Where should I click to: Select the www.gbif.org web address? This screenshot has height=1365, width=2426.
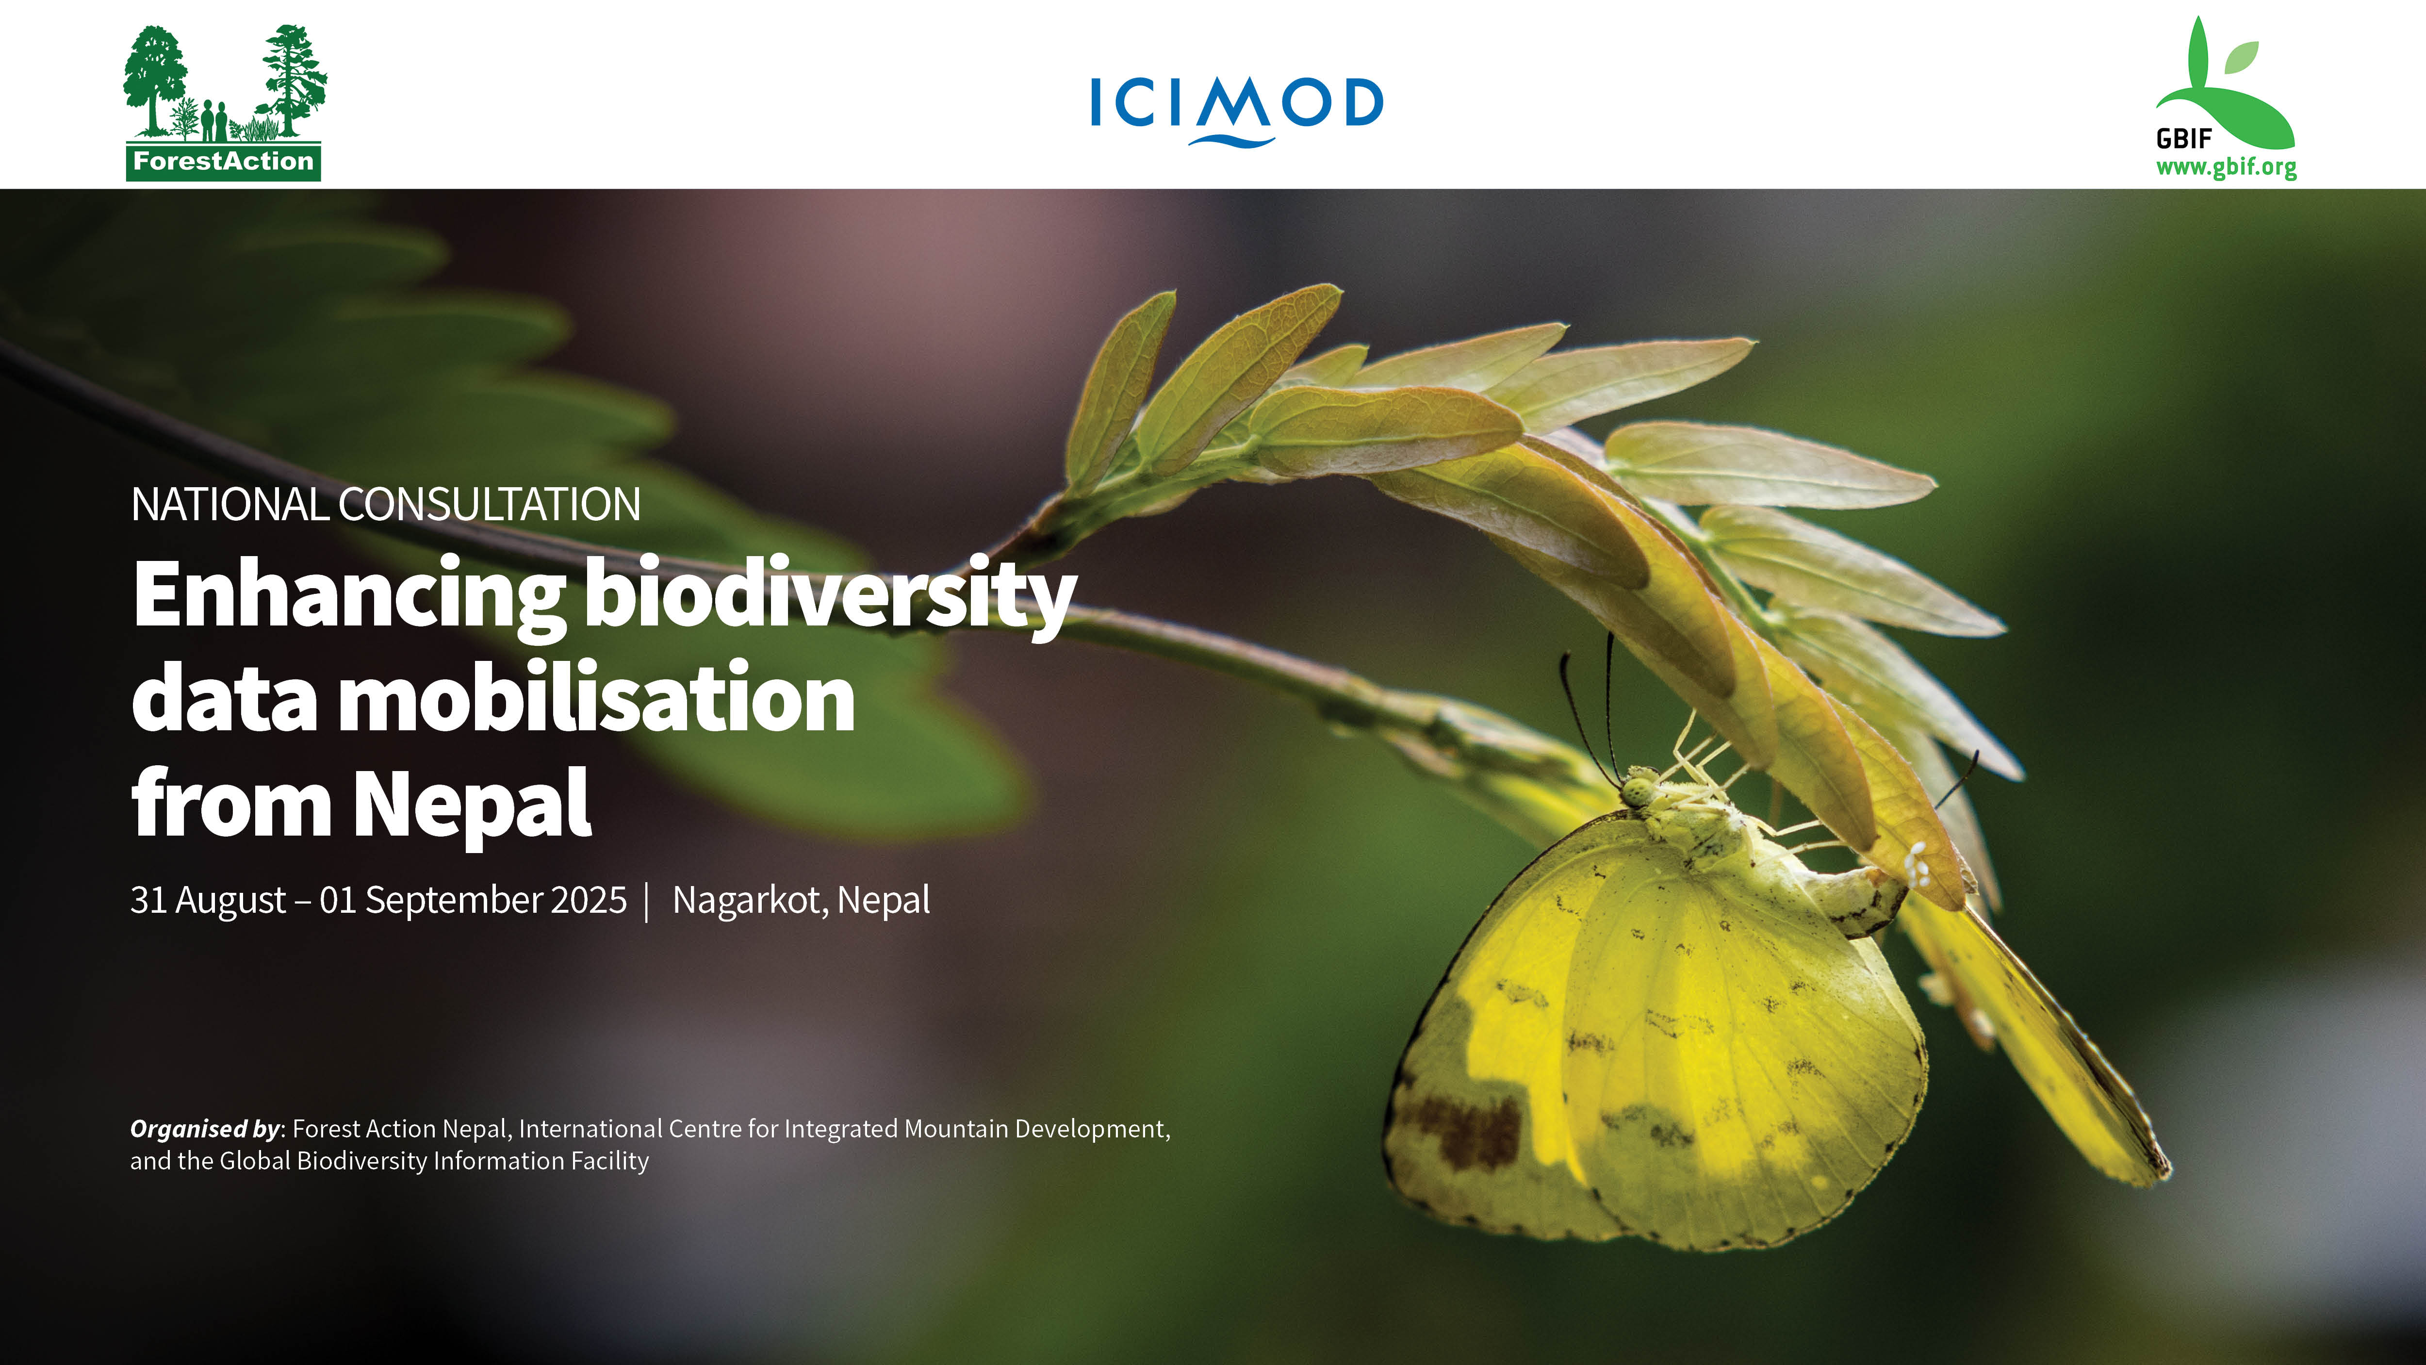point(2227,168)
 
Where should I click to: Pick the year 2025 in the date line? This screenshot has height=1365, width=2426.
point(589,900)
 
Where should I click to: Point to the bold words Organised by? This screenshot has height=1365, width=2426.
point(205,1129)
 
